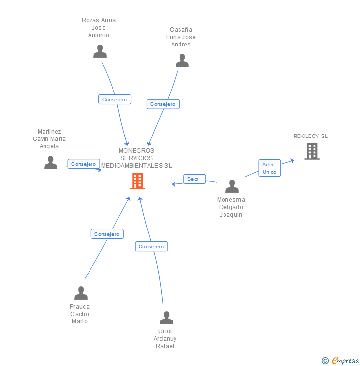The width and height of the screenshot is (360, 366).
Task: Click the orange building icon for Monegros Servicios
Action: (137, 181)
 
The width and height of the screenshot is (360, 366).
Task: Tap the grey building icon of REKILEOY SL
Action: (312, 151)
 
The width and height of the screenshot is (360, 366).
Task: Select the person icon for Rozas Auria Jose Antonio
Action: (100, 51)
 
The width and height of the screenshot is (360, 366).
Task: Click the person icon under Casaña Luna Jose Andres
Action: (182, 61)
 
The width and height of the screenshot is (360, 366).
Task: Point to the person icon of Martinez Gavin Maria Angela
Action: (50, 162)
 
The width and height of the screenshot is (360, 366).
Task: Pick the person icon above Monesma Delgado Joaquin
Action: (232, 186)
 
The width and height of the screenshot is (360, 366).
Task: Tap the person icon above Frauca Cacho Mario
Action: (81, 293)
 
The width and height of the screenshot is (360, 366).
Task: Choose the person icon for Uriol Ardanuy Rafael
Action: (166, 318)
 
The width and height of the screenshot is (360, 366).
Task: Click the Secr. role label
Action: (194, 179)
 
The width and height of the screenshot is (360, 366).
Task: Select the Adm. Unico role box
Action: (270, 168)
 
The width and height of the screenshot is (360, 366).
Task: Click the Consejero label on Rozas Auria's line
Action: (115, 99)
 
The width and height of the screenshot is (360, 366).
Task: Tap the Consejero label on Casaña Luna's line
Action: (163, 104)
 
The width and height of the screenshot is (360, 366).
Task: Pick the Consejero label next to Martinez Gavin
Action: (84, 164)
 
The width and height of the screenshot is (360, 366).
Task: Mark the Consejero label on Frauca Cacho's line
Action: (107, 234)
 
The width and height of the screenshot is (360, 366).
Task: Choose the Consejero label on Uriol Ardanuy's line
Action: (151, 246)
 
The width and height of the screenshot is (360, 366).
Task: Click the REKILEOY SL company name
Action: (311, 136)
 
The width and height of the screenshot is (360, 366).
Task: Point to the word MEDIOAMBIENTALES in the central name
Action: (132, 166)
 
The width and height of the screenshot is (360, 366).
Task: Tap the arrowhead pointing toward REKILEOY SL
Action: (292, 161)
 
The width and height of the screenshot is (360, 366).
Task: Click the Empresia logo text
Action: (345, 360)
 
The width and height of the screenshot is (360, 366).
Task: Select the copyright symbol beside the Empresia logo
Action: (325, 361)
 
